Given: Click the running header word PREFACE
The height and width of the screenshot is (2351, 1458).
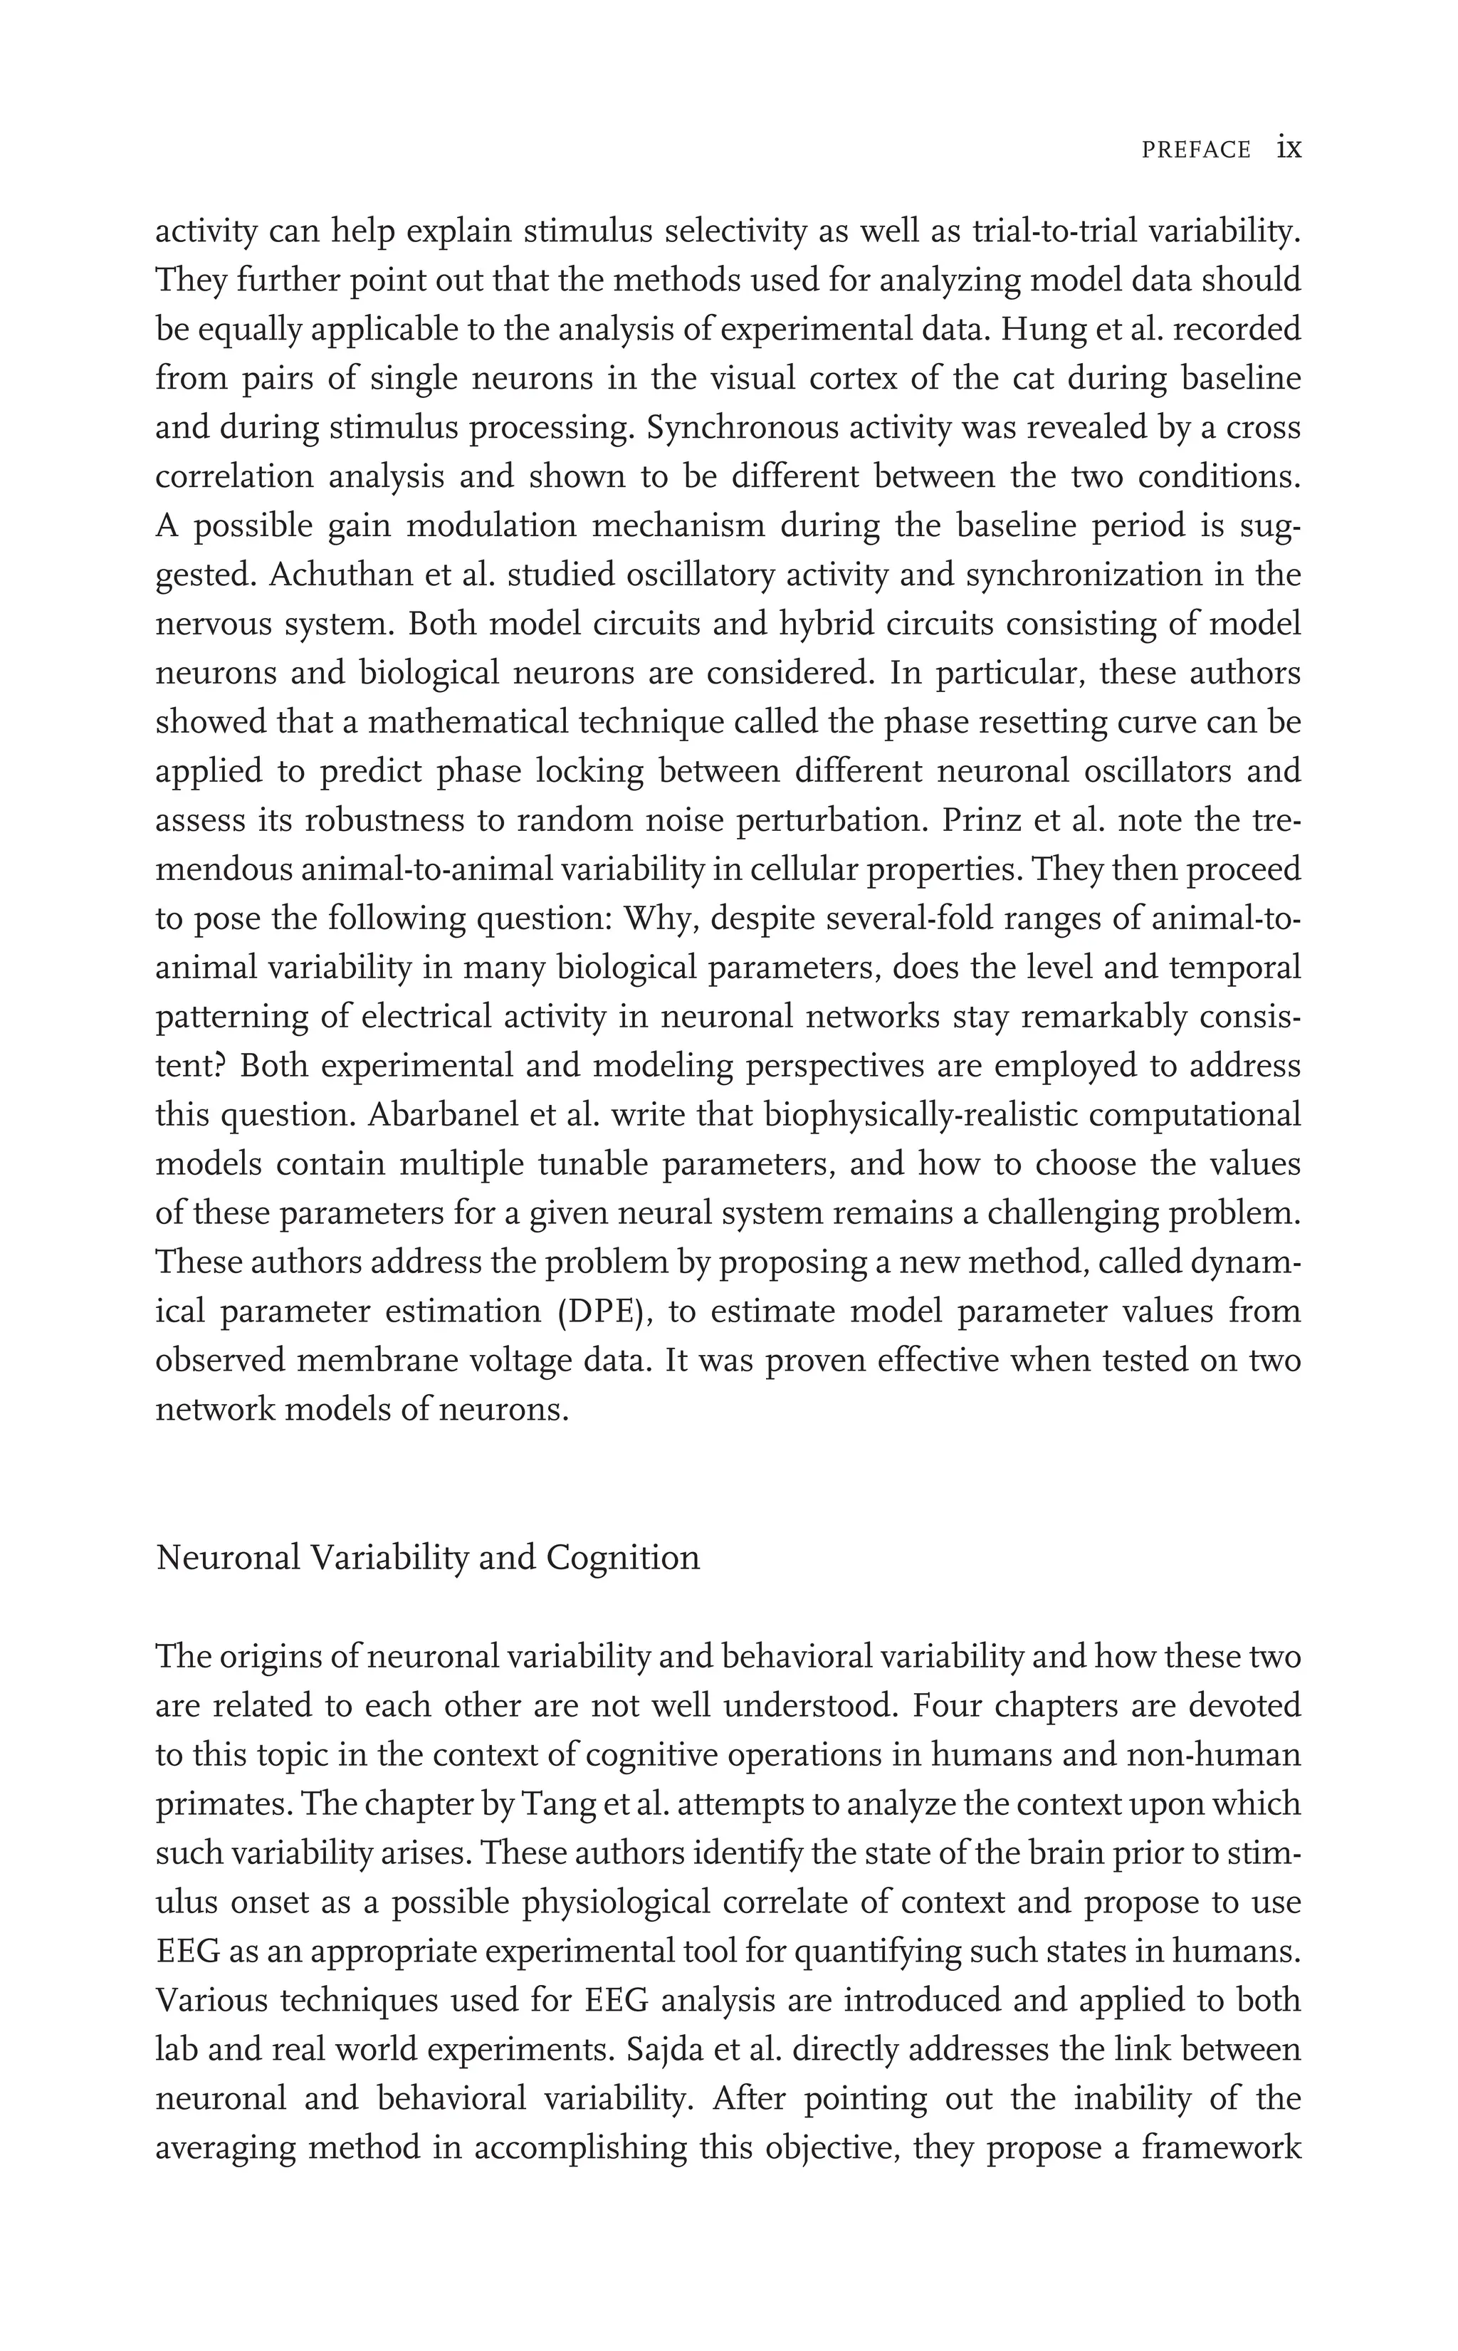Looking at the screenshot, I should (x=1196, y=150).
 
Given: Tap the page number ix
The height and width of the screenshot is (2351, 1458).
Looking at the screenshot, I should (x=1289, y=147).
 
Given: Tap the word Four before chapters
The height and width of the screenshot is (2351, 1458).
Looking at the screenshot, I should (x=946, y=1706).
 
